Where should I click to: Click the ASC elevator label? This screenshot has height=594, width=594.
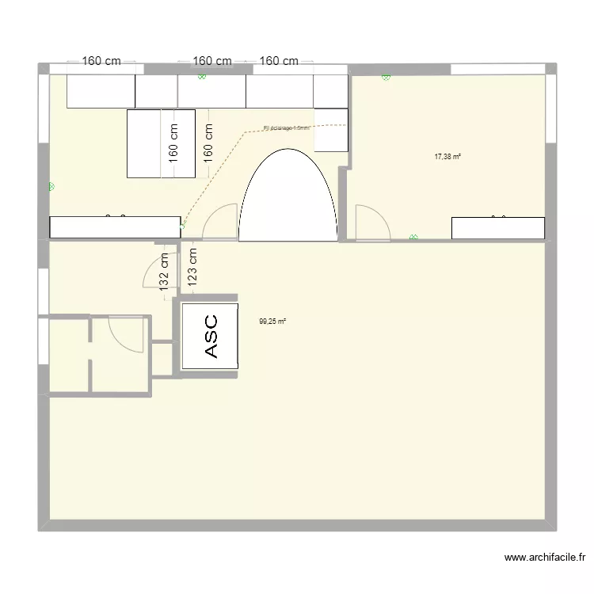(211, 335)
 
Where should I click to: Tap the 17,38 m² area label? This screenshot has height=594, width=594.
(447, 157)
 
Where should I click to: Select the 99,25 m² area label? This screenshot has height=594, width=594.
(272, 322)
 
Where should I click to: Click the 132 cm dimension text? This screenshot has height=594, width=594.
(164, 272)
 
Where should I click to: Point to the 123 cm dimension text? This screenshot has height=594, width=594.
(193, 265)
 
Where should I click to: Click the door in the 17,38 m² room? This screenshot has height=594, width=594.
(370, 223)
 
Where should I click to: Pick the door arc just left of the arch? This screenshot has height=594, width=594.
(221, 223)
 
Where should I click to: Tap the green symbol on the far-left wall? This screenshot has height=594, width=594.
(51, 187)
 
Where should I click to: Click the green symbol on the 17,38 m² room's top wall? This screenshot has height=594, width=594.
(386, 78)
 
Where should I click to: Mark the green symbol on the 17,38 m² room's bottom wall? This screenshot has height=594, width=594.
(413, 237)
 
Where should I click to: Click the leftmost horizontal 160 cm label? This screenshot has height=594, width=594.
(102, 61)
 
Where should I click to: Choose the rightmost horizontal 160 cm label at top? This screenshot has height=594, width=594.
(280, 61)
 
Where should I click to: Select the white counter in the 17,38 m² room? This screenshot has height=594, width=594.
(498, 228)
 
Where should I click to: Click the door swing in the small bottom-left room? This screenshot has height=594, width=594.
(125, 333)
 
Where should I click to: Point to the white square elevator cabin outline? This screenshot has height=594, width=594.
(210, 336)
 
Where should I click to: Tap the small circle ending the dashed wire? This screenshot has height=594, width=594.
(183, 226)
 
